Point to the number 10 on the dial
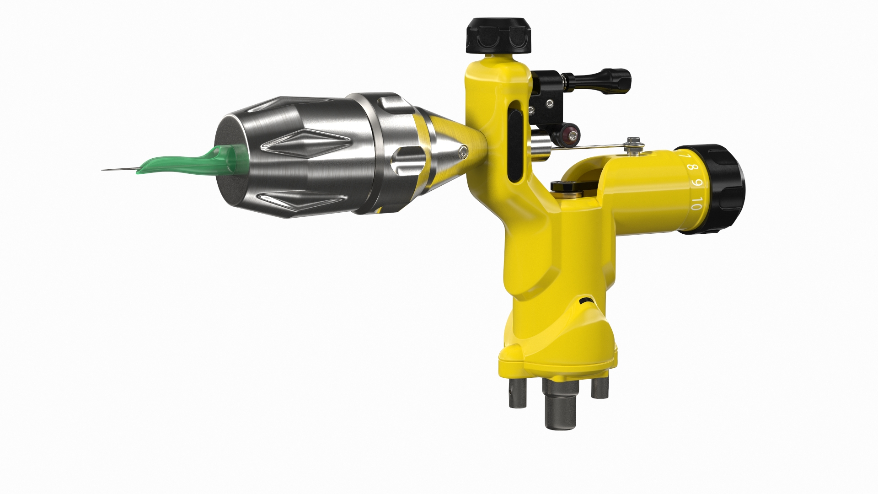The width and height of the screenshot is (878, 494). click(696, 204)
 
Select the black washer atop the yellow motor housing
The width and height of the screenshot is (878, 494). click(564, 186)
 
